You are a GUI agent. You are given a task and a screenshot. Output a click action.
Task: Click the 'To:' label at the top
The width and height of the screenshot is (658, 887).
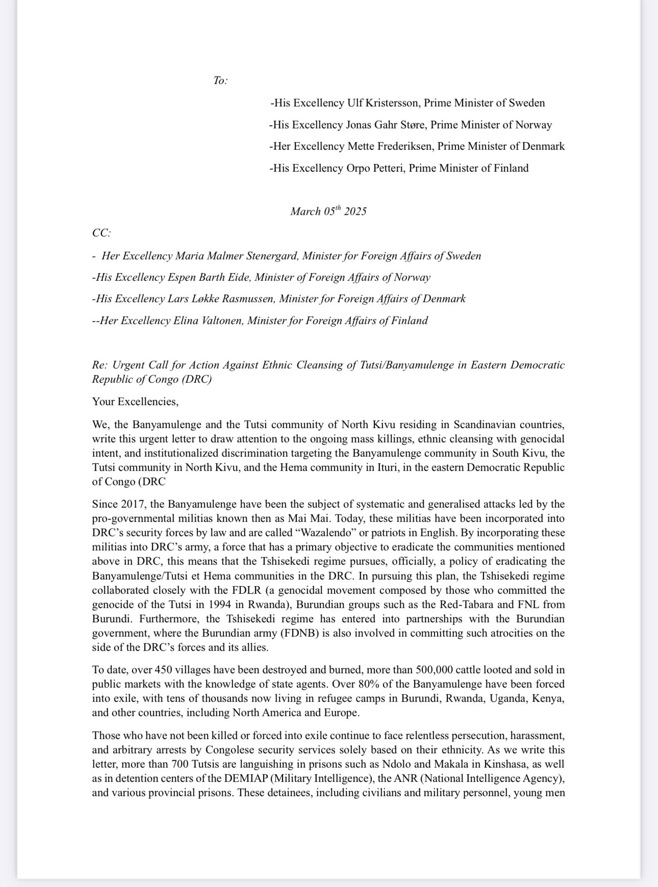tap(220, 81)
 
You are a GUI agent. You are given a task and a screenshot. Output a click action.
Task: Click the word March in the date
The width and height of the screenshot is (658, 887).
tap(305, 212)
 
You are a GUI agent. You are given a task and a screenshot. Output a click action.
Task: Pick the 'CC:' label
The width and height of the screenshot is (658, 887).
tap(102, 233)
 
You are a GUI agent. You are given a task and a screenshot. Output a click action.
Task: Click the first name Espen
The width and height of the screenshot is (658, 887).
tap(181, 277)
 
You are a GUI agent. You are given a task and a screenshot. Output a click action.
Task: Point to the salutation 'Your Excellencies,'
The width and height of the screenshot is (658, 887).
tap(135, 402)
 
